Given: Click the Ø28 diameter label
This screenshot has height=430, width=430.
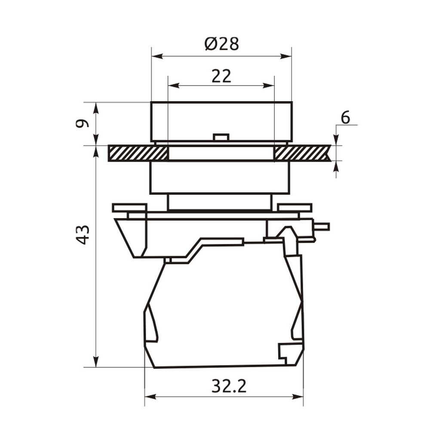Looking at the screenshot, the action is click(x=221, y=43).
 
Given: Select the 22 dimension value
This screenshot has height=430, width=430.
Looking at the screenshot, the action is click(x=221, y=76).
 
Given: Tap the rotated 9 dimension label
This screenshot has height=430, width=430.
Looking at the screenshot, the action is click(x=83, y=123).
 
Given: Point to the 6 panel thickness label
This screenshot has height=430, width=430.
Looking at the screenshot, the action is click(x=345, y=118).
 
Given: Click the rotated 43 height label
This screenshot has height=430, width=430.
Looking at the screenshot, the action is click(x=83, y=235).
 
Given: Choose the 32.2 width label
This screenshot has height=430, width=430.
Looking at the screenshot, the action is click(x=229, y=386).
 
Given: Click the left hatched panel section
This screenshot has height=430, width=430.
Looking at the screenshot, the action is click(x=138, y=153).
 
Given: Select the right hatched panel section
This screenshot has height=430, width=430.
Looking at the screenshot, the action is click(x=302, y=153).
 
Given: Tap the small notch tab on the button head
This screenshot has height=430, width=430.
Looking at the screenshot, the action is click(x=221, y=137).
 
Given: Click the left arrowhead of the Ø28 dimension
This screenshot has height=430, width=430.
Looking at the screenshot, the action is click(x=157, y=56).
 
